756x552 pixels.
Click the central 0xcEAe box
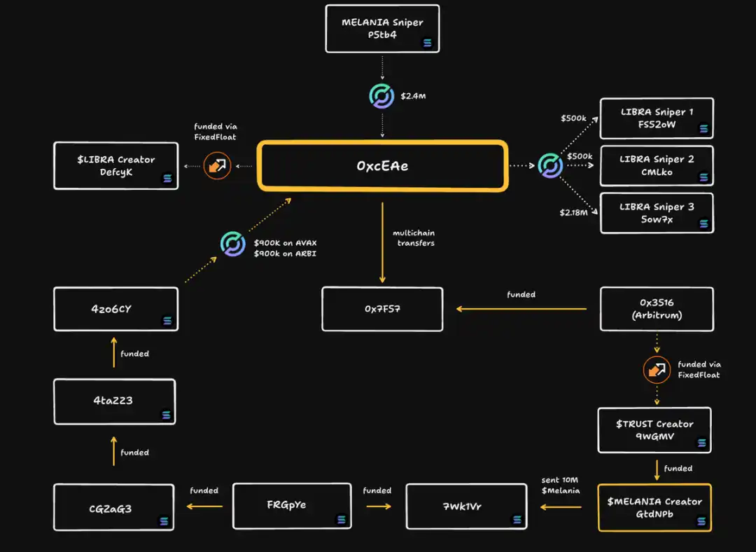click(382, 166)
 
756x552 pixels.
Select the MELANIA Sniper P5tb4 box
click(382, 29)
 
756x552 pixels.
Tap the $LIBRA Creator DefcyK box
click(116, 166)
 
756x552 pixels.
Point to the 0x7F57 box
click(382, 309)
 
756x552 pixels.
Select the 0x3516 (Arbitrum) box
click(657, 309)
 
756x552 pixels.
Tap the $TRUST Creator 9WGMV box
click(654, 429)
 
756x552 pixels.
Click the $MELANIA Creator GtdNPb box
click(654, 507)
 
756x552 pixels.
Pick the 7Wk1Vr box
click(466, 506)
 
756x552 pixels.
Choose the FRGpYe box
click(292, 505)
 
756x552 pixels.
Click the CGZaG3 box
click(113, 508)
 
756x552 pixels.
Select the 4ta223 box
click(114, 401)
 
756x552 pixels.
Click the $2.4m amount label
click(413, 96)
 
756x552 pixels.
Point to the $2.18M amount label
click(574, 212)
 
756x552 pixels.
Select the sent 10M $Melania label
click(561, 485)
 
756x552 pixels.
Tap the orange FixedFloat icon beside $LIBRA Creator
click(216, 166)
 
